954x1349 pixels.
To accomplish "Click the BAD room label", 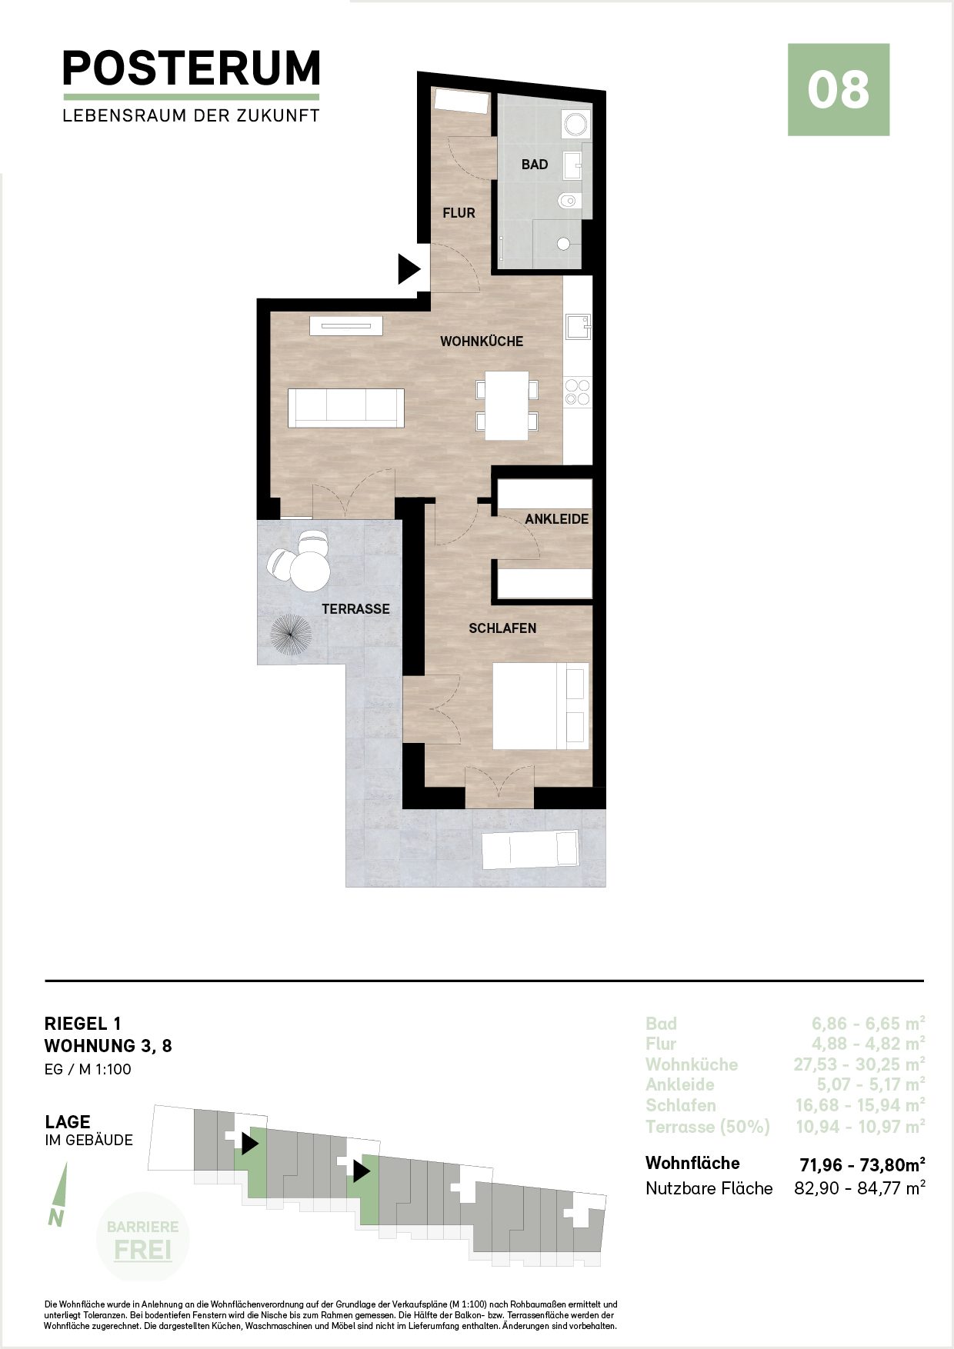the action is (x=535, y=165).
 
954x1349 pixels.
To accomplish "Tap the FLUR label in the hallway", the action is (x=459, y=213).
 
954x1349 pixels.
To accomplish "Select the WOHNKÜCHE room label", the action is (x=482, y=341).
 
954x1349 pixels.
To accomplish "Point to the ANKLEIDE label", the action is (x=557, y=519).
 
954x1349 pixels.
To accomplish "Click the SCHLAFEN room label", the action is (x=502, y=628).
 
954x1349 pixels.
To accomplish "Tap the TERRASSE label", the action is (x=355, y=609).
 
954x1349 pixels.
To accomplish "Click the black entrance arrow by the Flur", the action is (x=409, y=269).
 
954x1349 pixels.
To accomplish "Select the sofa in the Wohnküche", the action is (x=346, y=408).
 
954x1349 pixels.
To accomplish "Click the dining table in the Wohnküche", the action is (x=506, y=405).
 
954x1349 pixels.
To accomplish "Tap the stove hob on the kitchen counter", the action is (x=578, y=391).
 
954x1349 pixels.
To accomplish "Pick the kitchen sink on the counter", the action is (x=577, y=327).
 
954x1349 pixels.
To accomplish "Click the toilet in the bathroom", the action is (x=569, y=201).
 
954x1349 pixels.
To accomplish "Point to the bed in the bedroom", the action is (x=541, y=706).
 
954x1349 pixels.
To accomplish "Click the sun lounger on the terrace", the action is (x=530, y=849).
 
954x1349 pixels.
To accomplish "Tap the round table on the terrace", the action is (x=309, y=571).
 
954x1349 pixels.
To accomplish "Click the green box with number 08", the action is (x=839, y=90).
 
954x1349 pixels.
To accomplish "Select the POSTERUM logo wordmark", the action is (x=191, y=68).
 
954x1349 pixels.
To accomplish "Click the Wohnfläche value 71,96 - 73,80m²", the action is (x=862, y=1164).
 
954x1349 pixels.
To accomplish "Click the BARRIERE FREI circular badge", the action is (x=143, y=1237).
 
